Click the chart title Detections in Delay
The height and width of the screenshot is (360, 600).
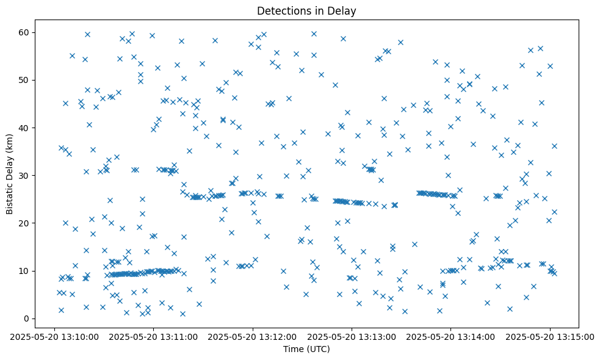point(306,10)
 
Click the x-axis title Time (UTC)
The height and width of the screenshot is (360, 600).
point(306,349)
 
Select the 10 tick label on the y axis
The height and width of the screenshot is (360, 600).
point(24,271)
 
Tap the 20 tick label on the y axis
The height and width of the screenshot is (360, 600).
point(24,223)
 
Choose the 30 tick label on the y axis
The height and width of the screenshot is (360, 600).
point(24,176)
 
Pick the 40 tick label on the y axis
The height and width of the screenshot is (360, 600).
point(24,128)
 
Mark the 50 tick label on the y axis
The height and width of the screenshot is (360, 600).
point(24,80)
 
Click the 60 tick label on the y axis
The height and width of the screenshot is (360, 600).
point(24,32)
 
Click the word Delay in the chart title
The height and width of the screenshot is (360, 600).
point(344,10)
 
